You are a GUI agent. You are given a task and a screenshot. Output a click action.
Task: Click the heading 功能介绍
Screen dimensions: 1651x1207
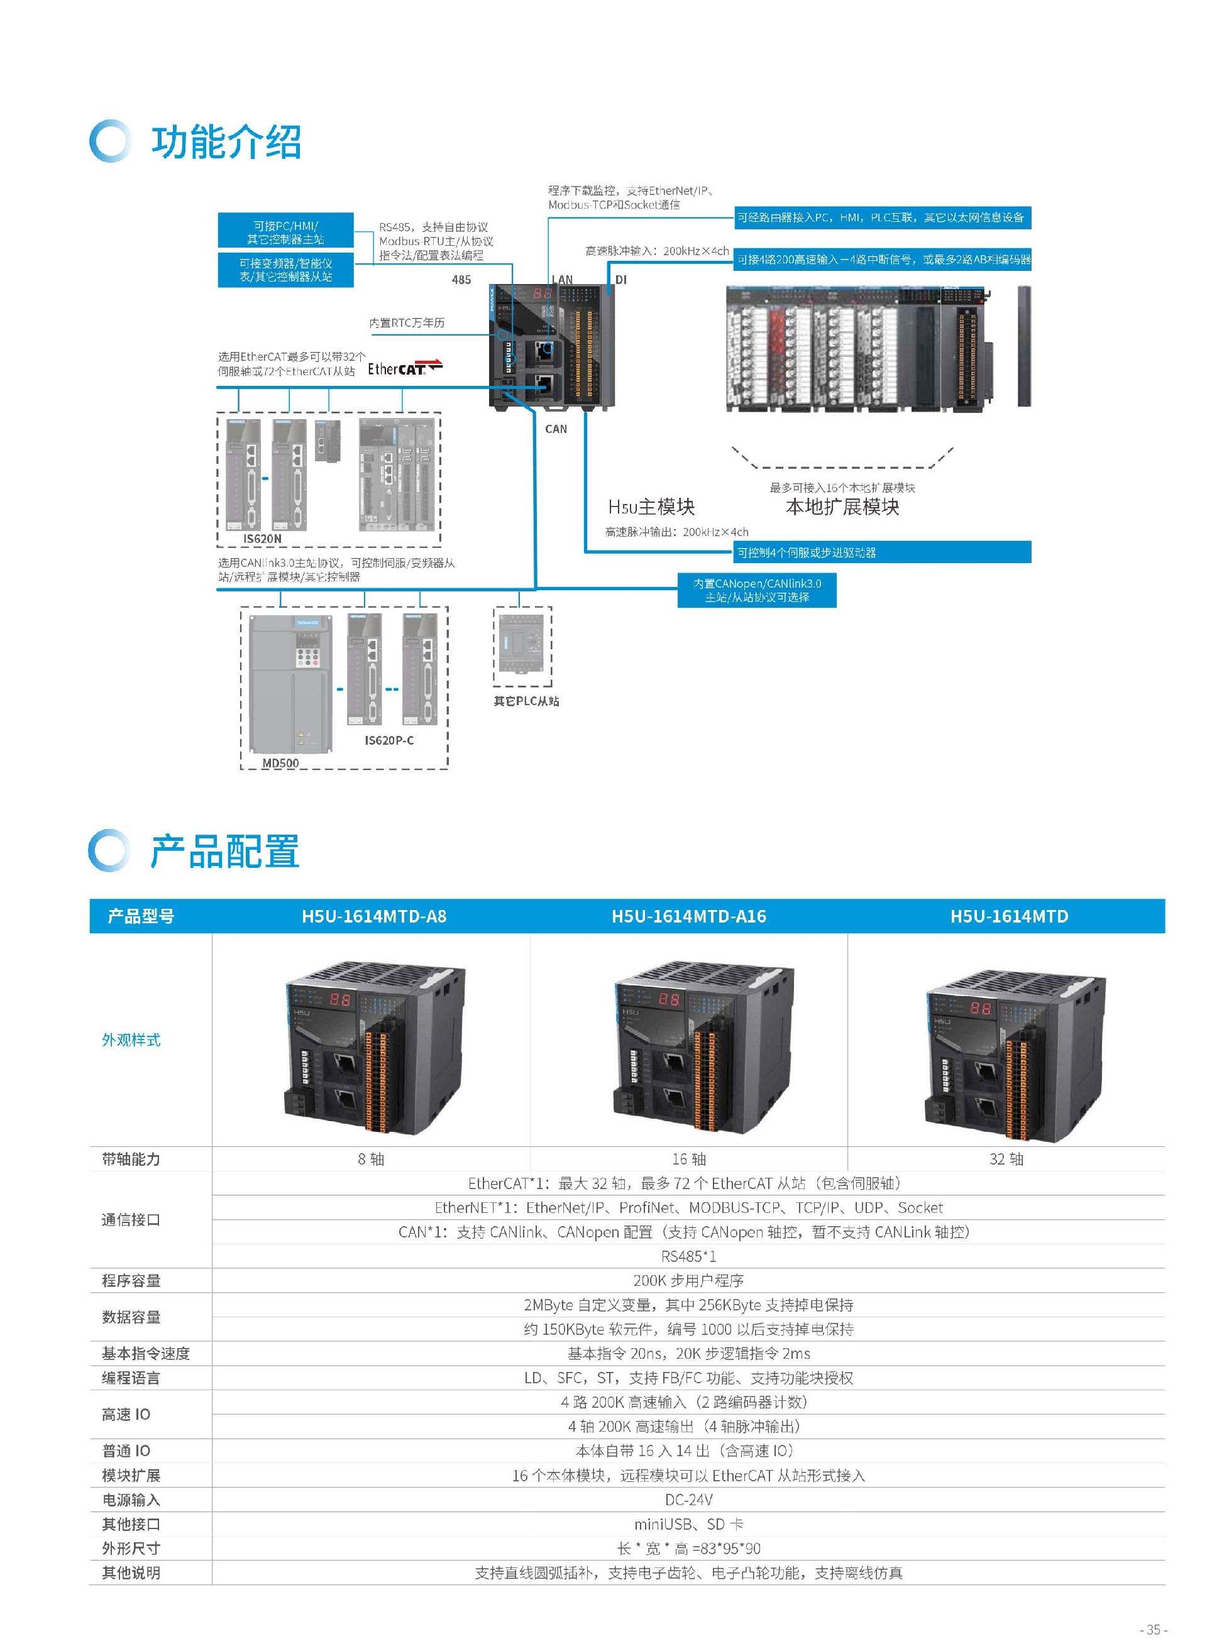point(226,142)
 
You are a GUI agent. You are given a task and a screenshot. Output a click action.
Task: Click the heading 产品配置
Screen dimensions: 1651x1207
point(224,851)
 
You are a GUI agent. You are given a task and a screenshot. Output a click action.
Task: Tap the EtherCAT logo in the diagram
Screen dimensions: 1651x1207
point(405,368)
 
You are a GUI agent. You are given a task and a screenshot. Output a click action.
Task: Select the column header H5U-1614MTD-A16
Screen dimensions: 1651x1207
point(688,916)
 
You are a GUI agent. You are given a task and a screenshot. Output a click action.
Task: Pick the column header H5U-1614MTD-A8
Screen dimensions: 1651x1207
point(373,916)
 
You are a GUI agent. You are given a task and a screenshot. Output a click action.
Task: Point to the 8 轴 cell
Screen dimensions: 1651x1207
point(371,1159)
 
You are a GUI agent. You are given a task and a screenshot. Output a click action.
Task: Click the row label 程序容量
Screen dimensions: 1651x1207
point(131,1280)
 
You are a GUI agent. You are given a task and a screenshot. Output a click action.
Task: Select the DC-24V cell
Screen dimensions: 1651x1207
point(688,1499)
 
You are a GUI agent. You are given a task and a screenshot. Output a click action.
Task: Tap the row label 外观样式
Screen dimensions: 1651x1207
point(131,1039)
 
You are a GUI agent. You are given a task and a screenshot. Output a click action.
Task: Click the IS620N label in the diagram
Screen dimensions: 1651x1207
point(262,539)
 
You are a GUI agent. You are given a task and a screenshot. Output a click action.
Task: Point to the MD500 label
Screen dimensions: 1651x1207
point(280,763)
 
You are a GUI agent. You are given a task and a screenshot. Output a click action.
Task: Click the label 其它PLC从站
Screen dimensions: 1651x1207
point(526,701)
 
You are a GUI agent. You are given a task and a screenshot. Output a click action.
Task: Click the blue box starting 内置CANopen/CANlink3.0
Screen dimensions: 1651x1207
point(757,590)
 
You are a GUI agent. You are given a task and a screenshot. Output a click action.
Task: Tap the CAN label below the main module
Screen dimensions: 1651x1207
point(555,429)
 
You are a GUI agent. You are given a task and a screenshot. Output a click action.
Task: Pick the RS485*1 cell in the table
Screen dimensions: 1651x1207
point(688,1256)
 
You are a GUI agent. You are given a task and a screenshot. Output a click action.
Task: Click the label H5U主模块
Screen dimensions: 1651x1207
point(651,507)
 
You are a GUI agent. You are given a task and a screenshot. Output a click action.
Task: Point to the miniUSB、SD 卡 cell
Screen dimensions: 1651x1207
point(688,1524)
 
